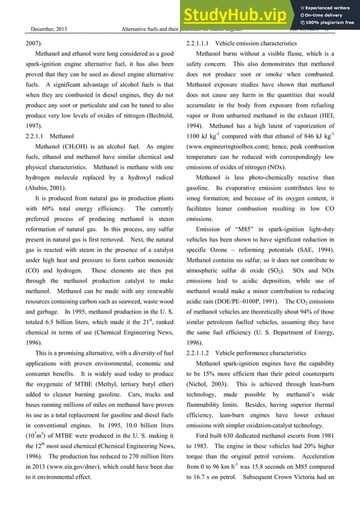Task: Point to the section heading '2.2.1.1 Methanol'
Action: coord(50,136)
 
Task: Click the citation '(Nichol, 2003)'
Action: coord(208,383)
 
